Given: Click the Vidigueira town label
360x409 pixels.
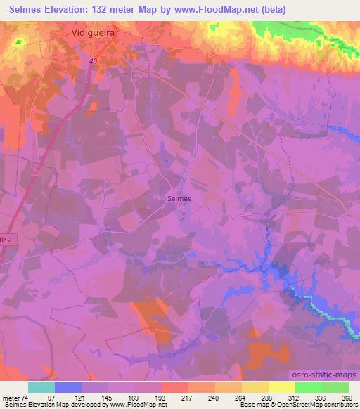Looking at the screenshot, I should click(x=94, y=32).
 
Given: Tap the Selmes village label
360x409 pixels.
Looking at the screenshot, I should click(x=179, y=199).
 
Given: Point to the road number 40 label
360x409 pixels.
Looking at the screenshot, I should click(x=94, y=61).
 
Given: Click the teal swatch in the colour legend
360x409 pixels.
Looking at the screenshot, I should click(x=41, y=387).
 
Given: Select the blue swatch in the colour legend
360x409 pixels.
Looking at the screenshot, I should click(x=68, y=387).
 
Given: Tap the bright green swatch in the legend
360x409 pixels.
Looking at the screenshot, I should click(x=309, y=387).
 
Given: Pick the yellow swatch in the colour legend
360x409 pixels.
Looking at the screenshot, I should click(x=282, y=387).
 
